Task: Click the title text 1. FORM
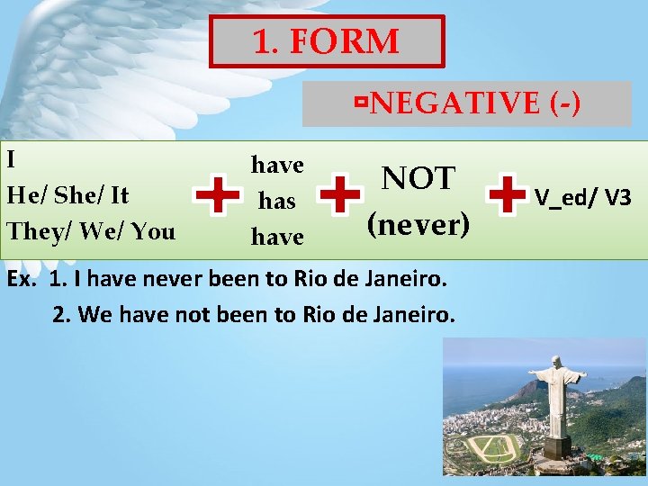click(326, 41)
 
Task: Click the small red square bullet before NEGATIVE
click(360, 104)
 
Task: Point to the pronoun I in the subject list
click(11, 159)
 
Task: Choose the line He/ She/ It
click(67, 195)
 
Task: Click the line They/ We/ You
click(91, 231)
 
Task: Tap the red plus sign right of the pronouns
click(218, 195)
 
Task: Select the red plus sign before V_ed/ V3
click(507, 195)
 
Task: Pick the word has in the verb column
click(277, 201)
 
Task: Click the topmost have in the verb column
click(277, 165)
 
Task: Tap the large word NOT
click(418, 178)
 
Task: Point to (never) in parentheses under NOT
click(418, 223)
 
